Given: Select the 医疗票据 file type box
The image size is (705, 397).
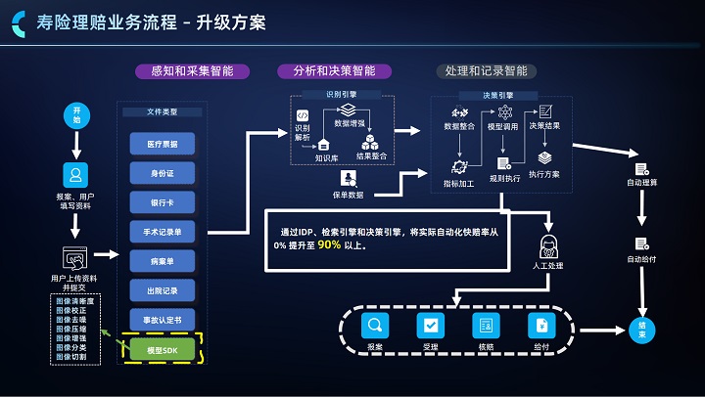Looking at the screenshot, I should pos(163,144).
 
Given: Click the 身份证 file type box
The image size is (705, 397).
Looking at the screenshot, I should pos(163,173).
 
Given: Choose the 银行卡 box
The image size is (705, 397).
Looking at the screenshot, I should pos(163,202).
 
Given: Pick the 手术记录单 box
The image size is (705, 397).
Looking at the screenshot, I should pos(163,232).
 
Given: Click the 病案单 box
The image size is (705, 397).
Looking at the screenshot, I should pos(163,261).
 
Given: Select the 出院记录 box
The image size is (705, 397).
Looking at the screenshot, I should pos(163,290).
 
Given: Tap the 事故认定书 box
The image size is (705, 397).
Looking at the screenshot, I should pos(163,320).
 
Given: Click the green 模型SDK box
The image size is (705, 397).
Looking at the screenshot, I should pos(163,349).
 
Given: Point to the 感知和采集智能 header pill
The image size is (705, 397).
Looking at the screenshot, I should pos(192,71).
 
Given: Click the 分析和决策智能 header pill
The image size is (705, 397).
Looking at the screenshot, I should pos(334,71).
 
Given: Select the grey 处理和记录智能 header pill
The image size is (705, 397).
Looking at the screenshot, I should pos(486,71).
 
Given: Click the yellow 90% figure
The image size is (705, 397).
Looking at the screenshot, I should pos(329,244).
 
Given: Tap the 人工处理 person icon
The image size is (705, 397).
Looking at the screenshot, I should pos(548,243).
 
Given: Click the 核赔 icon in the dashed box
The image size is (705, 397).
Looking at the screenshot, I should pos(485,325).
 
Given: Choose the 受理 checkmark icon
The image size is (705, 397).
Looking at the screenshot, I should pos(430,325).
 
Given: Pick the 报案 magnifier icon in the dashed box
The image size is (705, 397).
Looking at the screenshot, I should pos(375,325).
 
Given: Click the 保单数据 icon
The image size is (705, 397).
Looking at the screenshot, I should pos(348,178).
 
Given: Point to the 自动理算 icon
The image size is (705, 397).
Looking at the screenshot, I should pos(642,168).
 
